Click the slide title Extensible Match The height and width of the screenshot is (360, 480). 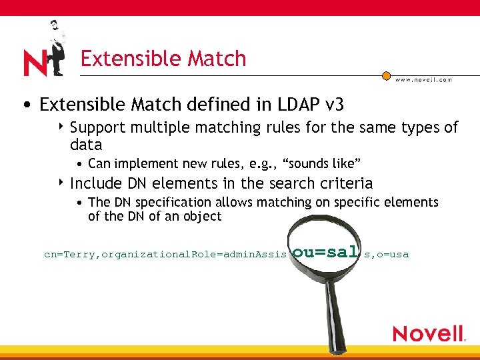point(163,59)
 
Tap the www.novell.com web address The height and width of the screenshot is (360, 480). point(423,79)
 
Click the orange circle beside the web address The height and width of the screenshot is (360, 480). point(387,76)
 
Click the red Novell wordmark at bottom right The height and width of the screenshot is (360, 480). point(428,333)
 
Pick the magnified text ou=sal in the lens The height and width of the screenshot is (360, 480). point(325,252)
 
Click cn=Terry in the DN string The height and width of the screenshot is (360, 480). point(70,255)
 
